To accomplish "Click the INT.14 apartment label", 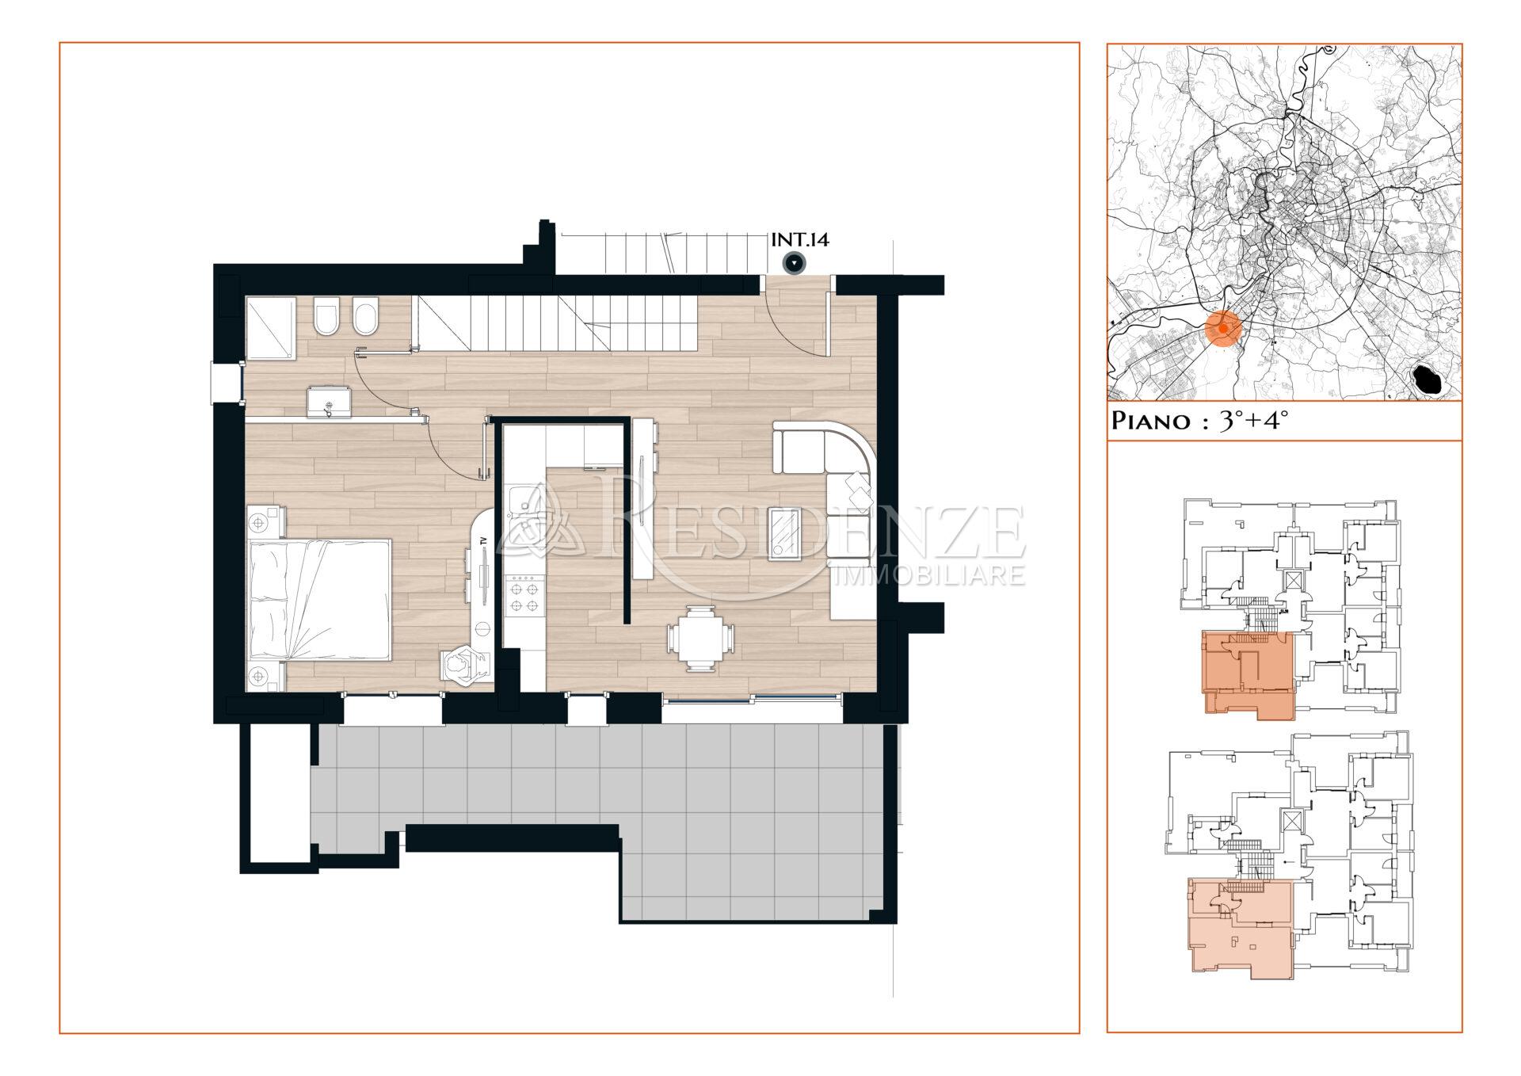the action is coord(800,239).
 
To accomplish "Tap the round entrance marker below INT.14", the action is coord(794,264).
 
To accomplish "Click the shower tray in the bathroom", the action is coord(270,329).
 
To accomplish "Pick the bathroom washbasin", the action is coord(329,401).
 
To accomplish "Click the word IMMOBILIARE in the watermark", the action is coord(931,574).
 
